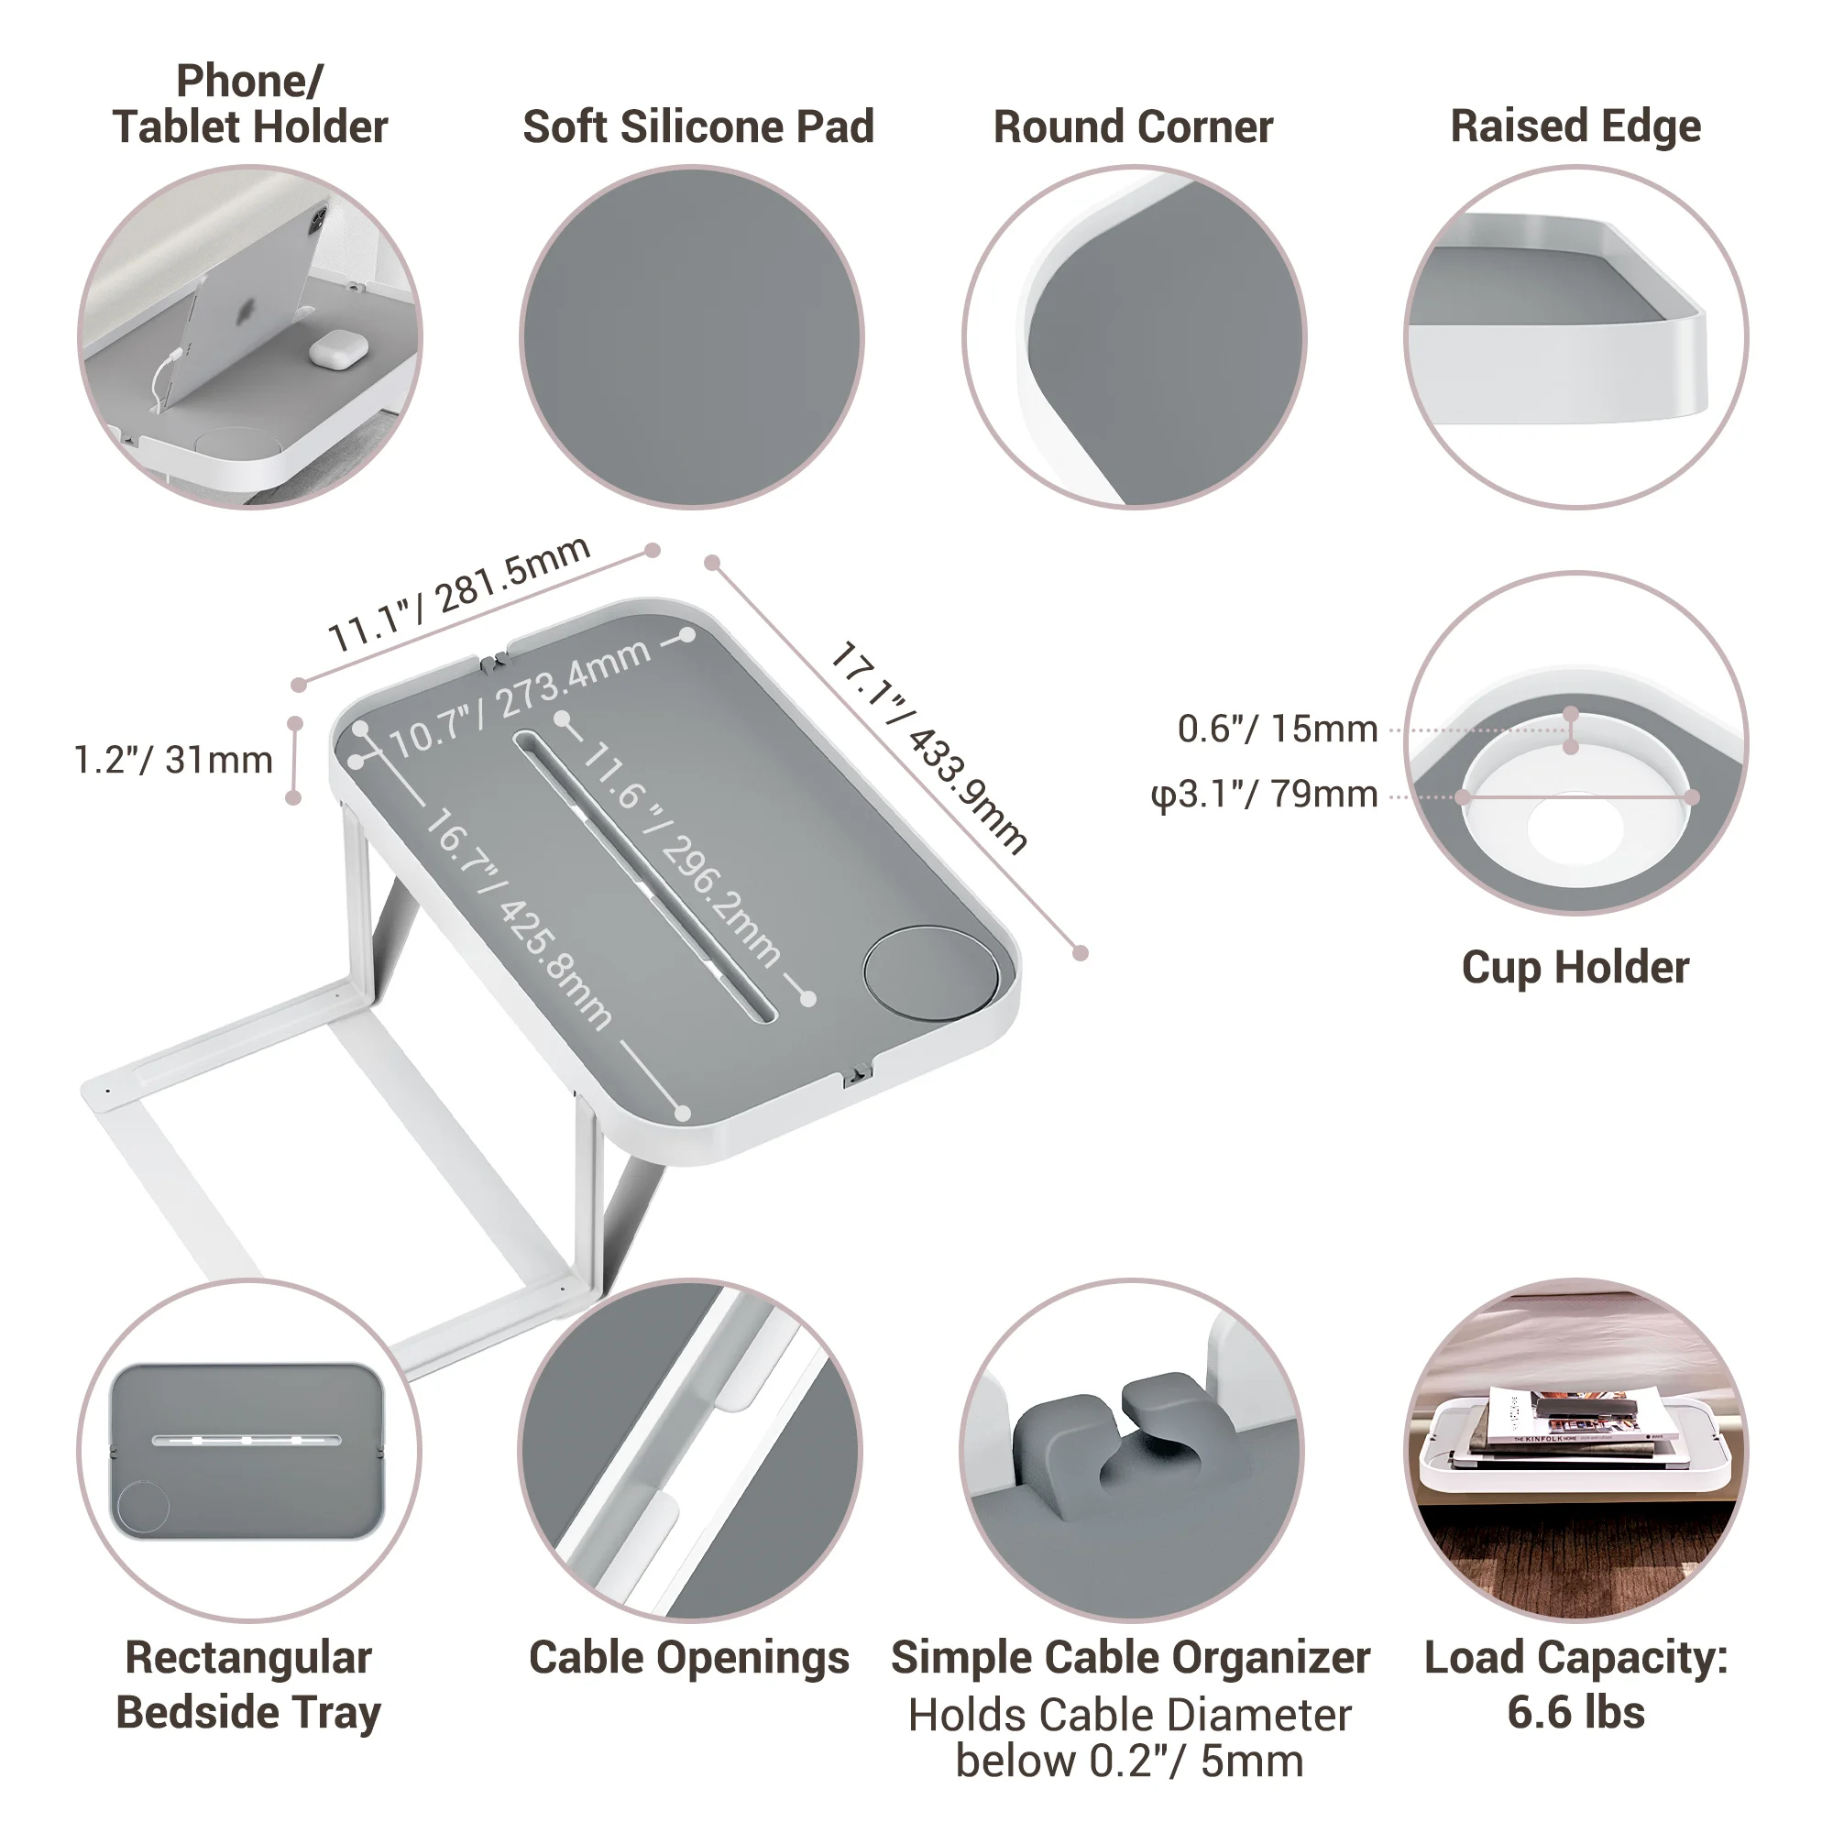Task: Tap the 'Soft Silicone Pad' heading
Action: [x=698, y=127]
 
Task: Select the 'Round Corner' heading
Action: [x=1133, y=127]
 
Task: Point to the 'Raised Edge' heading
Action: [x=1575, y=126]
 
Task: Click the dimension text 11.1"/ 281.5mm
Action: [x=459, y=594]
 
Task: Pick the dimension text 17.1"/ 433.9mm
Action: [x=928, y=749]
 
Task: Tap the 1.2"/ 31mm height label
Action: [x=173, y=760]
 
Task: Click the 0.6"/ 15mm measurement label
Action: [x=1277, y=729]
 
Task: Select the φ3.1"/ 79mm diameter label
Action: [x=1264, y=794]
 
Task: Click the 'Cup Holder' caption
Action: [x=1575, y=968]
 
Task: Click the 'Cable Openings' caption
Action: [x=689, y=1657]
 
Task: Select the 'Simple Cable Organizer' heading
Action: [x=1130, y=1657]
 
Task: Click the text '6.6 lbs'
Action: [x=1575, y=1713]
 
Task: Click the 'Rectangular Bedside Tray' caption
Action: [x=248, y=1685]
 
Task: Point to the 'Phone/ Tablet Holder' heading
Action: [x=249, y=104]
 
